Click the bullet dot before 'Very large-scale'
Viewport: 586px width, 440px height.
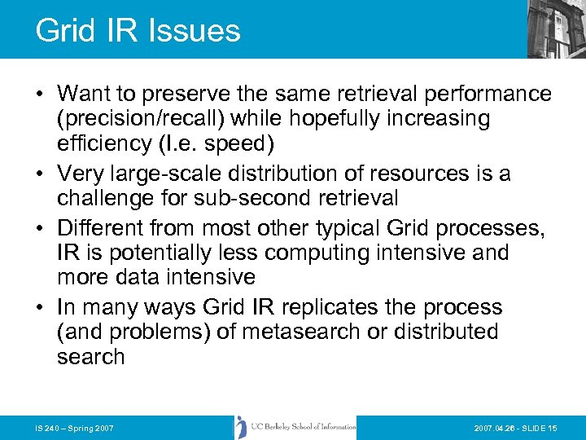(x=39, y=174)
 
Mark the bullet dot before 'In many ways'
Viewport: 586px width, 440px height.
(x=39, y=307)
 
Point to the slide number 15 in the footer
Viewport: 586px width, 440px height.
(x=553, y=428)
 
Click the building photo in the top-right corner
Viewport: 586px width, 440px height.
(x=555, y=29)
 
